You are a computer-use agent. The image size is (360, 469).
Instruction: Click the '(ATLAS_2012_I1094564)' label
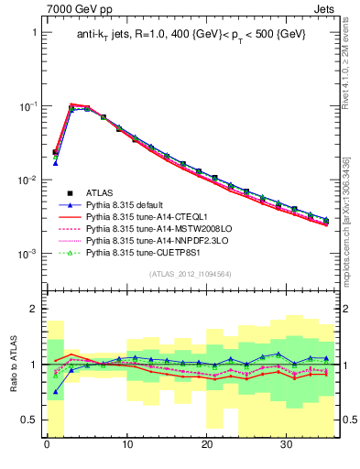click(191, 274)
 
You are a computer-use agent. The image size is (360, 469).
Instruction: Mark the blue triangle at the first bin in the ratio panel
click(55, 391)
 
